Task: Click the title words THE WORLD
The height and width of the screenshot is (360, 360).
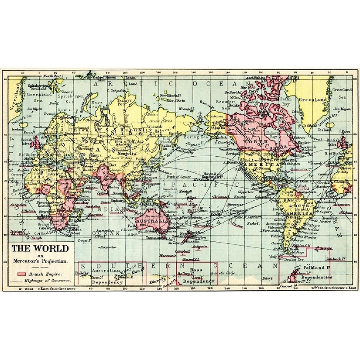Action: click(40, 249)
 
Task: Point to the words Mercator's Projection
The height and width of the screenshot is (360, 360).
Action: click(40, 261)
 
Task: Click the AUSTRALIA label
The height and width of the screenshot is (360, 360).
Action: click(152, 221)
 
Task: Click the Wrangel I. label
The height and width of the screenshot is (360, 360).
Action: click(185, 107)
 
